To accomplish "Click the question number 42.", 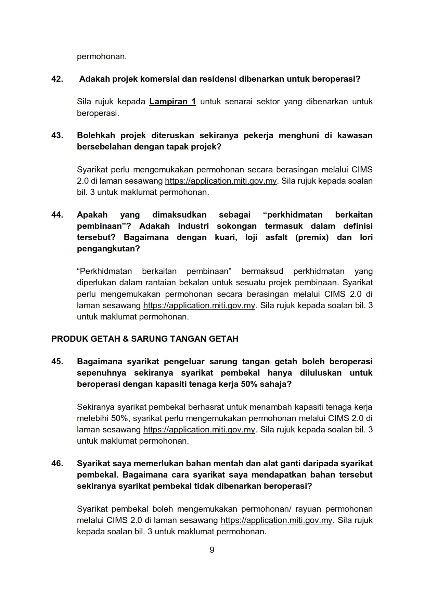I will point(57,79).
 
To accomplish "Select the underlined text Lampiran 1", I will point(172,102).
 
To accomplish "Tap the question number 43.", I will point(57,135).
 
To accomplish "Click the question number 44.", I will point(57,215).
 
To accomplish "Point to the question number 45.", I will point(57,362).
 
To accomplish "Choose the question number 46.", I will point(57,464).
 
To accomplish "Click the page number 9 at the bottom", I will point(212,550).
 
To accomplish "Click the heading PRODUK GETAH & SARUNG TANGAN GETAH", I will point(145,339).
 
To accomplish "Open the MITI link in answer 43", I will point(221,181).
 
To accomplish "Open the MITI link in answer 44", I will point(199,305).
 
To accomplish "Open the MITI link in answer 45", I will point(199,430).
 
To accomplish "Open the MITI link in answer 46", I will point(277,520).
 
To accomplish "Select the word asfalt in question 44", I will point(276,237).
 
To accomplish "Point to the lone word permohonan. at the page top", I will point(102,56).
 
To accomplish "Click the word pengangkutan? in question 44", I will point(108,249).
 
